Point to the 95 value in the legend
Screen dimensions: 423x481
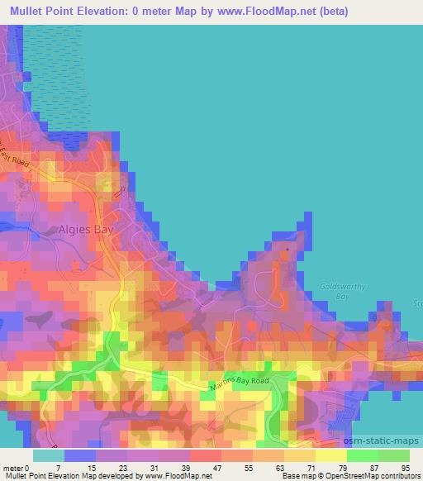[404, 468]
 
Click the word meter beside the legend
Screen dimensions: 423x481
[12, 468]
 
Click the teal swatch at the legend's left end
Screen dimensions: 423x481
[48, 456]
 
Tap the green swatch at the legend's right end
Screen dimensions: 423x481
[394, 456]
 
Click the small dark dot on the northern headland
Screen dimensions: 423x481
[288, 248]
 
